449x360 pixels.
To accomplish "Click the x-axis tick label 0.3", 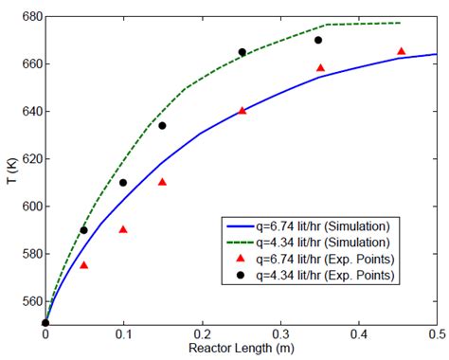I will pyautogui.click(x=280, y=334).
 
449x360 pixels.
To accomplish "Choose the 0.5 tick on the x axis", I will pyautogui.click(x=437, y=334).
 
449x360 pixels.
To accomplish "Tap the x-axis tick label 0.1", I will pyautogui.click(x=124, y=334).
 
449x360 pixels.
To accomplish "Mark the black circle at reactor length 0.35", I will pyautogui.click(x=319, y=40).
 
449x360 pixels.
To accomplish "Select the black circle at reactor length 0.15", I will pyautogui.click(x=162, y=125).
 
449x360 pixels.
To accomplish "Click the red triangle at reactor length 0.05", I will pyautogui.click(x=84, y=265).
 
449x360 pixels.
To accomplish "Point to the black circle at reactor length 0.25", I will pyautogui.click(x=242, y=52).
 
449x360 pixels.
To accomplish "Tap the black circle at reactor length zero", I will pyautogui.click(x=45, y=323).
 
